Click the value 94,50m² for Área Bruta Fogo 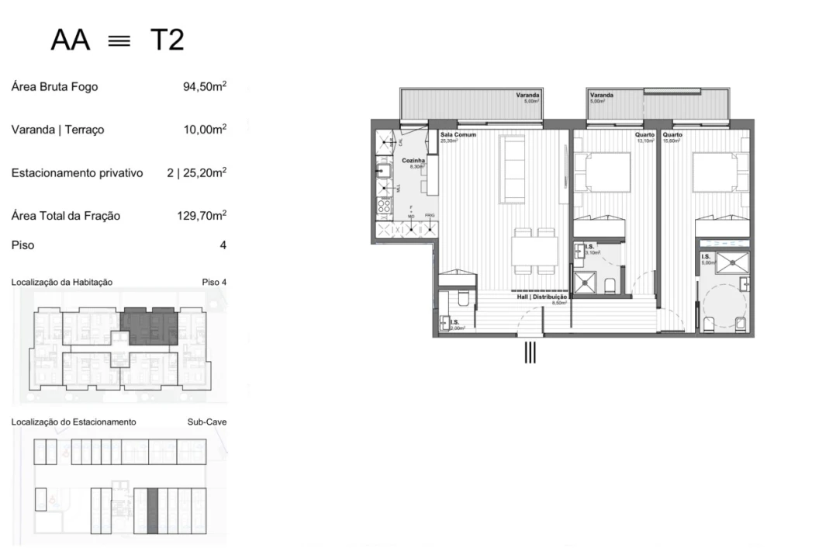coord(204,87)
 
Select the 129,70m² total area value coord(202,216)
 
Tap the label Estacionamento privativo coord(77,173)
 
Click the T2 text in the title coord(167,40)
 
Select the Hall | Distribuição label coord(542,297)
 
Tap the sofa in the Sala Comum coord(512,168)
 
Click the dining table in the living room coord(534,250)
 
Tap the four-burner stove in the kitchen coord(383,206)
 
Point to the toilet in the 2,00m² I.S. coord(462,299)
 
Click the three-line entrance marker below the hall coord(530,352)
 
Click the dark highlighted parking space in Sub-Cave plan coord(153,509)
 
